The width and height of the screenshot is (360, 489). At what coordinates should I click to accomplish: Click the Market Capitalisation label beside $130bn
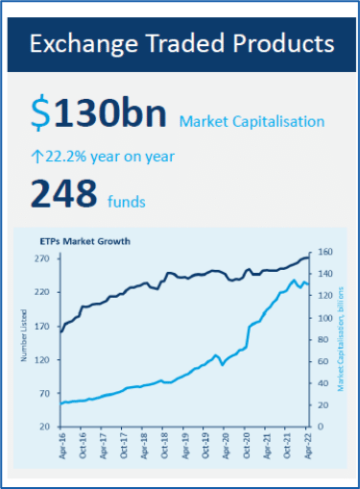click(x=252, y=121)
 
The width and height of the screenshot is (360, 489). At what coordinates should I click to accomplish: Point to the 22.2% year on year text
click(x=108, y=156)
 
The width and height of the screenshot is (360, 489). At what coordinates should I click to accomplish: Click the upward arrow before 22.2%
click(x=37, y=156)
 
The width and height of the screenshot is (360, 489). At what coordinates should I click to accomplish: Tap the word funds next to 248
click(x=126, y=201)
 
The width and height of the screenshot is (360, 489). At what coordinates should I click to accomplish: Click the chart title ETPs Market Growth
click(x=84, y=240)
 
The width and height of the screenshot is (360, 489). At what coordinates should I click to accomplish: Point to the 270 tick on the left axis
click(x=42, y=259)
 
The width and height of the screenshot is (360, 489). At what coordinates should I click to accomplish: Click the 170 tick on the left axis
click(x=42, y=327)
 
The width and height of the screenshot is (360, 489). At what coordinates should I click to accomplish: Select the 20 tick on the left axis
click(x=45, y=427)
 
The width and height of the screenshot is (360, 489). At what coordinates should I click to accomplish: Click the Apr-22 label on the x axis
click(x=307, y=446)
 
